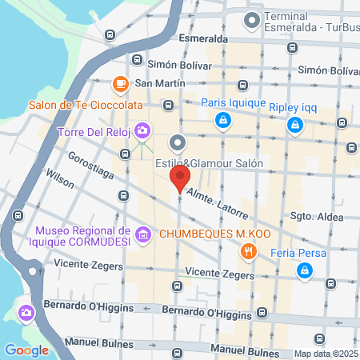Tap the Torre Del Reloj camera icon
coord(142,129)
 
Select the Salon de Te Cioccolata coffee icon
coord(121,83)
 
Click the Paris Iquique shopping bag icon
coord(222,121)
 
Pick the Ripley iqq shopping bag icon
coord(296,124)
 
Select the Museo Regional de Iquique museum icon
coord(143,234)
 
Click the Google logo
coord(27,350)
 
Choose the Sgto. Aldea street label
coord(316,217)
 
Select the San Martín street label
coord(160,82)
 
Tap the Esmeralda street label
coord(203,38)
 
